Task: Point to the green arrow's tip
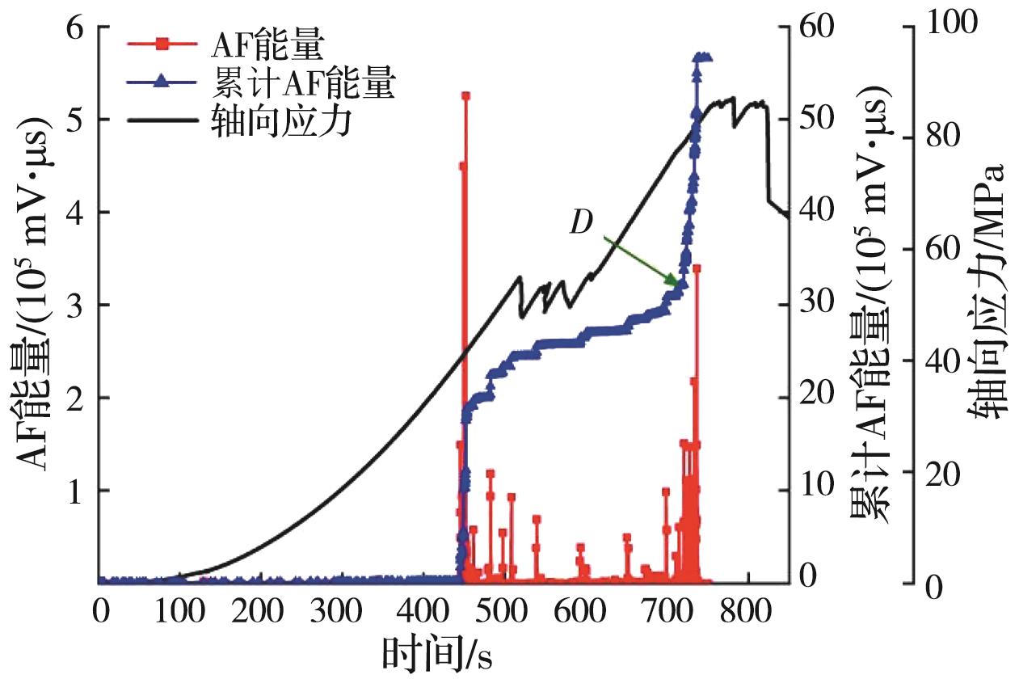(677, 284)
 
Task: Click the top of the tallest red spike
(465, 95)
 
